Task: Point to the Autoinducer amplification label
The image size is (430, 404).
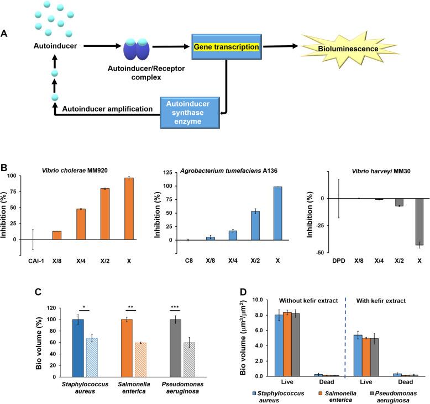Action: [108, 109]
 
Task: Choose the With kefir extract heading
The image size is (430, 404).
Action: [380, 302]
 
